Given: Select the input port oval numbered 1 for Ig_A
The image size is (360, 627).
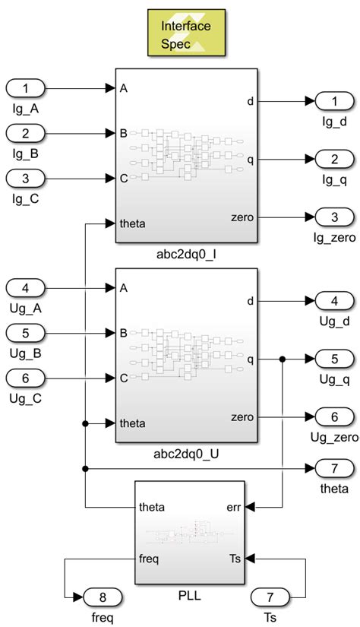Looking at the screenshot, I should point(26,89).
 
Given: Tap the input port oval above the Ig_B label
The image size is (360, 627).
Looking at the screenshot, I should point(26,134).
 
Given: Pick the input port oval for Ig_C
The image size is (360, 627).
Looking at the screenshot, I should point(26,179).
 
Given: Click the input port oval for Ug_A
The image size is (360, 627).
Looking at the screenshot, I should point(26,288).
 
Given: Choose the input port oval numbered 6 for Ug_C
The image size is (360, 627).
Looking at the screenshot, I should point(26,378).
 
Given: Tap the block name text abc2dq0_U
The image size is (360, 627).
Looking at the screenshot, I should point(186,454).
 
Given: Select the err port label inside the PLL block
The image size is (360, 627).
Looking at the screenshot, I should point(235,505).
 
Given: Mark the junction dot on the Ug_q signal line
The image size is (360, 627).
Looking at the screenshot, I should point(282,358).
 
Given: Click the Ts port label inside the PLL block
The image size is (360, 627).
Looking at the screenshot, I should point(235,558).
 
